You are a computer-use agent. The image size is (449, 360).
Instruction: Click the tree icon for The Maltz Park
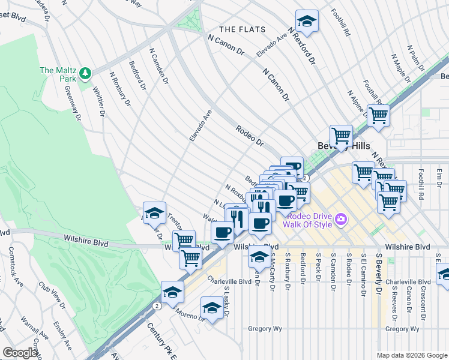point(86,73)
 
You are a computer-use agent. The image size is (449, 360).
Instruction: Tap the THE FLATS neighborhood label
point(238,29)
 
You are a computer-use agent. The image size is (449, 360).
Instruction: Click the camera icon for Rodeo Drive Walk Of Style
point(342,220)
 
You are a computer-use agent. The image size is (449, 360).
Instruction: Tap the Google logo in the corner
point(20,353)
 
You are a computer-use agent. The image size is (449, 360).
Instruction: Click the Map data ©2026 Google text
point(412,355)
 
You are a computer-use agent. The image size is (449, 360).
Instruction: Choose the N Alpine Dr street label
point(357,103)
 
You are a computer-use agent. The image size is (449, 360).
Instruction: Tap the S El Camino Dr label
point(364,275)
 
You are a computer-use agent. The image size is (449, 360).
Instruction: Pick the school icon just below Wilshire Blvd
point(259,257)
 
